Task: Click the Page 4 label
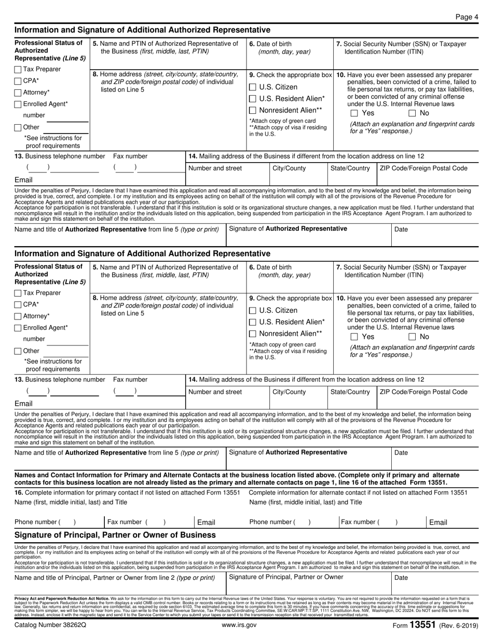pyautogui.click(x=467, y=17)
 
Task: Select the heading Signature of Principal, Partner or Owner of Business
pyautogui.click(x=115, y=535)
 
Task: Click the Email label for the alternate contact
pyautogui.click(x=438, y=522)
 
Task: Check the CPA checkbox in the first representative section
pyautogui.click(x=18, y=81)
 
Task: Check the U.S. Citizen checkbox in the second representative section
pyautogui.click(x=253, y=311)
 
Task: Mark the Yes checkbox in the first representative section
pyautogui.click(x=354, y=113)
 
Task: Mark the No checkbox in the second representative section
pyautogui.click(x=412, y=337)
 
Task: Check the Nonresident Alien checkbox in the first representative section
pyautogui.click(x=253, y=110)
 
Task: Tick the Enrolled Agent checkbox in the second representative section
pyautogui.click(x=18, y=328)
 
